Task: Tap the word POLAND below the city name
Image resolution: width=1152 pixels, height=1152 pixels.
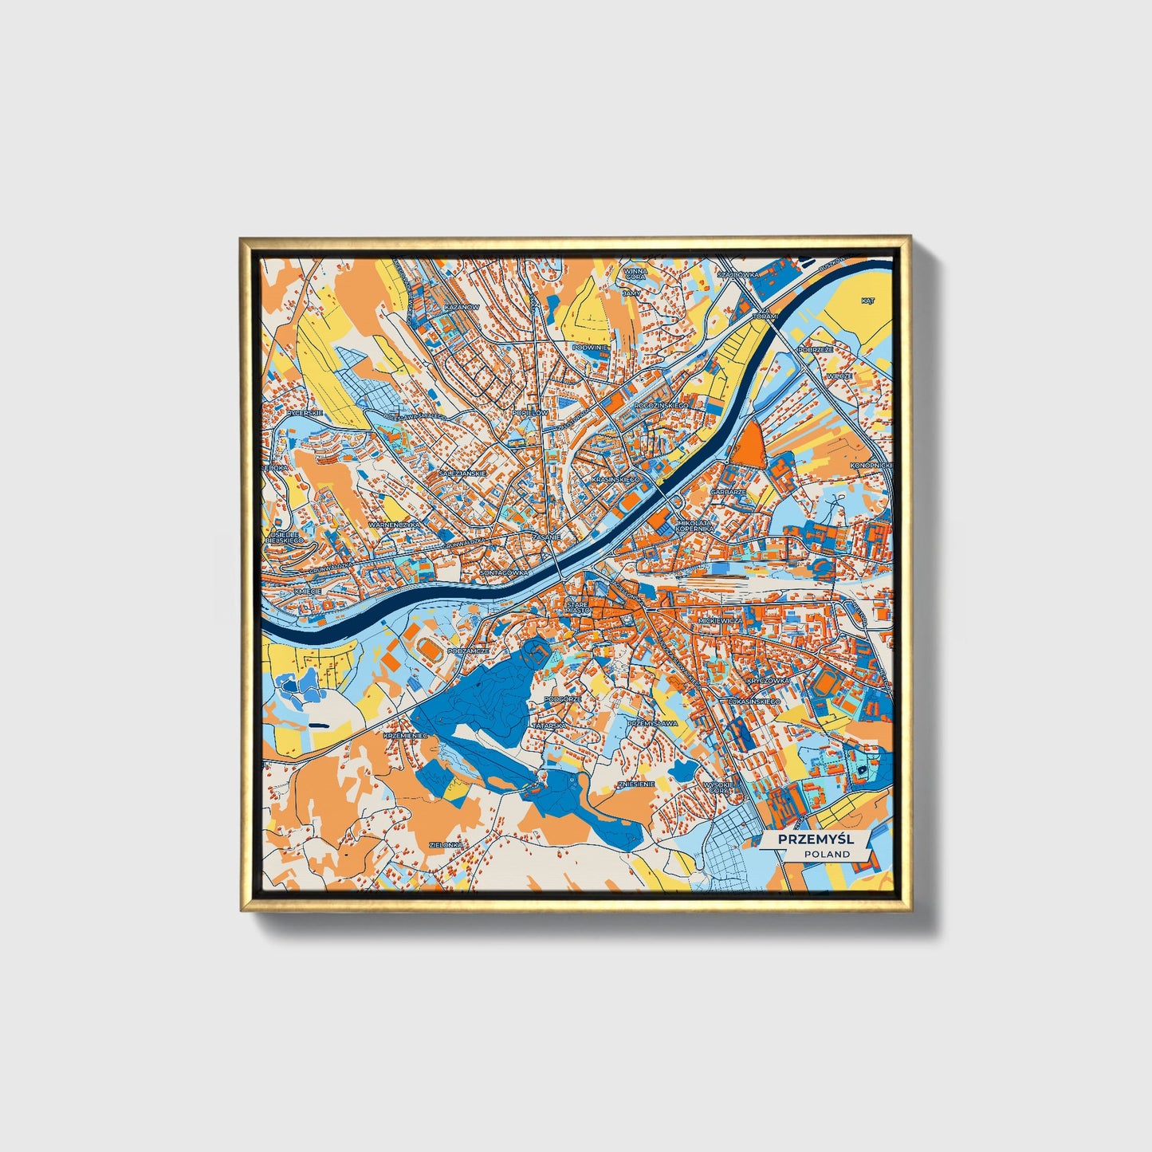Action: [826, 854]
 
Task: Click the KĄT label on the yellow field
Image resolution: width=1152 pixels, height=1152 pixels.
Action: [868, 301]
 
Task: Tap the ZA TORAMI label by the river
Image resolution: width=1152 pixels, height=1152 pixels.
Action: [763, 316]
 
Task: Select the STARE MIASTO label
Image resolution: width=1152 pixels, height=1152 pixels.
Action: [577, 608]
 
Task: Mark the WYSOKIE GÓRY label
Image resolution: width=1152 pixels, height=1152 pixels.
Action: [720, 788]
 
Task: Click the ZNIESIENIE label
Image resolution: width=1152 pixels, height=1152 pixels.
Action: [636, 784]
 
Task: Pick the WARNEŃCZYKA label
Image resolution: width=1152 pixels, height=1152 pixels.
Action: [394, 525]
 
